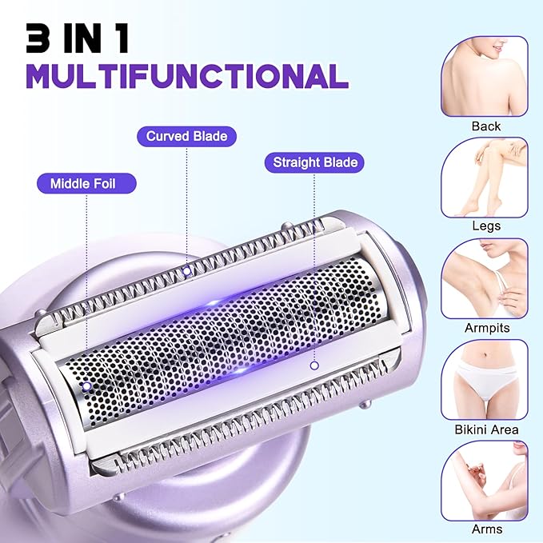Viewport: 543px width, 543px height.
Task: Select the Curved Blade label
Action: coord(186,136)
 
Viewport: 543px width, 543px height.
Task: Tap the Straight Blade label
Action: coord(314,162)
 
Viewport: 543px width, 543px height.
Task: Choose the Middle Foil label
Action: coord(83,183)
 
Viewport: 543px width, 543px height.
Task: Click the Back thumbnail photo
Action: coord(485,76)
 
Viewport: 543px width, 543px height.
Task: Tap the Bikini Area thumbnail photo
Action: coord(485,378)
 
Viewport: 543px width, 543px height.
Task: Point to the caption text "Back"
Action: coord(485,126)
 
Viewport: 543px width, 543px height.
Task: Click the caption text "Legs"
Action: coord(485,226)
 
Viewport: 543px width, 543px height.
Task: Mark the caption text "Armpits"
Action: coord(485,328)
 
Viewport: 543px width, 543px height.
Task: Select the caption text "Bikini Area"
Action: coord(485,429)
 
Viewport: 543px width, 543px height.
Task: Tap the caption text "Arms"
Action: coord(485,529)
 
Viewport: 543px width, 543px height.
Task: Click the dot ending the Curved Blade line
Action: coord(186,270)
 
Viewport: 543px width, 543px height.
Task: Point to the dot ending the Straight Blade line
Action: coord(314,365)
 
